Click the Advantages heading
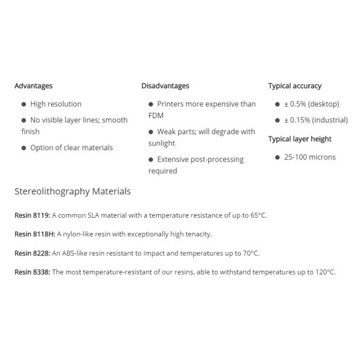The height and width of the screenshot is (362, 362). pos(33,86)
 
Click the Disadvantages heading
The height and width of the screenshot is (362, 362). pos(165,86)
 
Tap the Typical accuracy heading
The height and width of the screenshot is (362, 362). pos(294,86)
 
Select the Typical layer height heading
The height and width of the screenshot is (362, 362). pos(300,139)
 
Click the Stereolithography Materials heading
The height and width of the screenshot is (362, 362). pos(72,191)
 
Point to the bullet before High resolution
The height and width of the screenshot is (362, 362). pos(24,104)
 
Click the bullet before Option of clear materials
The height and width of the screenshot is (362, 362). pos(24,148)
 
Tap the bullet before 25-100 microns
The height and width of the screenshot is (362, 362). pos(278,157)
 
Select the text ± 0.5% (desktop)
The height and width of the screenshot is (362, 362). pos(311,104)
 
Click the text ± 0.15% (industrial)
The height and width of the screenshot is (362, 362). pos(316,120)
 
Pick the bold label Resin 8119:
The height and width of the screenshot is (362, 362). pos(32,215)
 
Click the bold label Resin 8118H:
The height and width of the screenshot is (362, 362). pos(34,234)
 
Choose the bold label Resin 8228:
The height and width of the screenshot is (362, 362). pos(32,253)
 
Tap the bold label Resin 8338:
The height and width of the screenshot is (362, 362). pos(32,272)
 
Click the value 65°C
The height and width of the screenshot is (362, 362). pos(258,215)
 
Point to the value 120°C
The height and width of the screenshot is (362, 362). pos(325,272)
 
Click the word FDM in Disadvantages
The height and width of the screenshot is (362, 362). pos(156,115)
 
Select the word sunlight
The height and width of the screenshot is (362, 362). pos(162,143)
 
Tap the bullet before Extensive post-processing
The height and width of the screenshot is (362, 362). pos(151,160)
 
